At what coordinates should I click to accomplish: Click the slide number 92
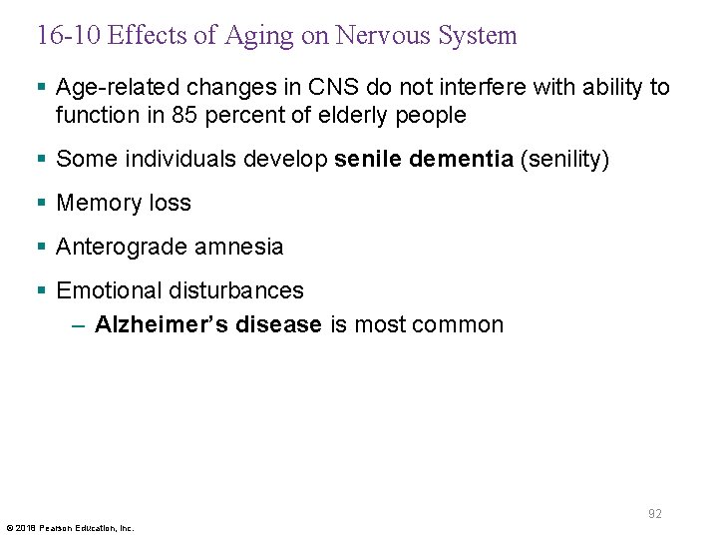point(655,514)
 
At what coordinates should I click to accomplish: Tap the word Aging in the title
point(253,37)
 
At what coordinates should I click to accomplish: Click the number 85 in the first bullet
point(182,116)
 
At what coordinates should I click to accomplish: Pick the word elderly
point(359,116)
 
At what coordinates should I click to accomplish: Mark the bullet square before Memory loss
point(41,204)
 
